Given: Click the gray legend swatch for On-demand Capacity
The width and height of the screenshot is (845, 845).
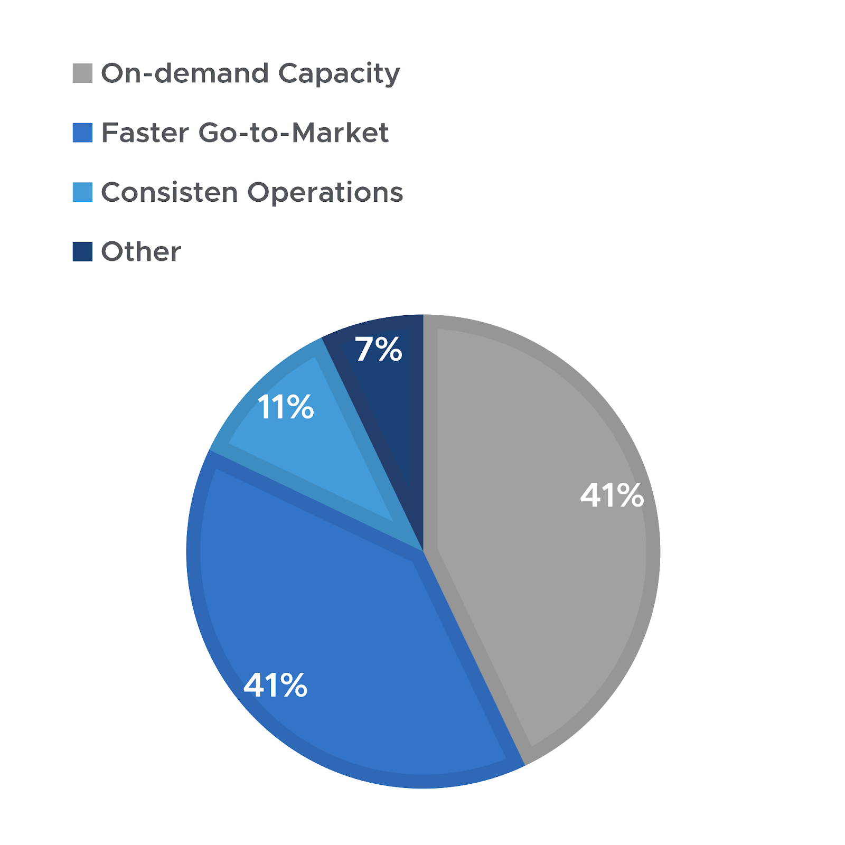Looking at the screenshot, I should pyautogui.click(x=82, y=73).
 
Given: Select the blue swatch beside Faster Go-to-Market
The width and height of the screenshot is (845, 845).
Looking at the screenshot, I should pyautogui.click(x=82, y=133).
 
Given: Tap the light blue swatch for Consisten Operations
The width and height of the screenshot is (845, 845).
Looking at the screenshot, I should pyautogui.click(x=82, y=192).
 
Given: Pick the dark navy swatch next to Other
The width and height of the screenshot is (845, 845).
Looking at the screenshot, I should pyautogui.click(x=82, y=251).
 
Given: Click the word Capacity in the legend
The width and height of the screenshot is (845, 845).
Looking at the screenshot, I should pyautogui.click(x=339, y=73).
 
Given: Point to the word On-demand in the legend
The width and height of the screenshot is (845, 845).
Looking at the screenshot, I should pyautogui.click(x=185, y=73).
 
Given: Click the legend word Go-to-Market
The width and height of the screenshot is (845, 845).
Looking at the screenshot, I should pyautogui.click(x=294, y=133).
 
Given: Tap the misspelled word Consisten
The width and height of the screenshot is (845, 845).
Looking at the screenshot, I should pyautogui.click(x=170, y=192).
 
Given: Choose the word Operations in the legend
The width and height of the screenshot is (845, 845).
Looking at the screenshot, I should pyautogui.click(x=325, y=192).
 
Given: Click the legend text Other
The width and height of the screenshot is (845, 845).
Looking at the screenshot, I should pyautogui.click(x=141, y=251).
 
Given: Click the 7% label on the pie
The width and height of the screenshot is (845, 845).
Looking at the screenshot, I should pyautogui.click(x=379, y=350).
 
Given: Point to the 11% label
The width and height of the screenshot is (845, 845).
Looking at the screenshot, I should pyautogui.click(x=286, y=407).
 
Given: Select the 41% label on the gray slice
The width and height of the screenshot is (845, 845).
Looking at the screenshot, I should pyautogui.click(x=612, y=495).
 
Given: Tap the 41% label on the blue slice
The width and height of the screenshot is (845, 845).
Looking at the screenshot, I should pyautogui.click(x=275, y=686).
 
